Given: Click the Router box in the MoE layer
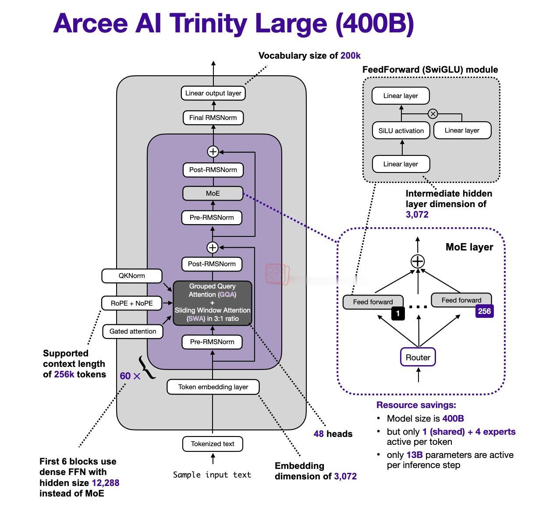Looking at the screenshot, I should coord(418,357).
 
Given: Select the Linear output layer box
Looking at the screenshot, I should coord(213,93).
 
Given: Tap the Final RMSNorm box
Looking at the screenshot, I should coord(213,118).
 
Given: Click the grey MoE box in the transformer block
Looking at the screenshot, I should coord(213,194).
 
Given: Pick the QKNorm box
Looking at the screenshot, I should coord(132,276).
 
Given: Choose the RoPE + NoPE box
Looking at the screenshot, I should coord(132,303).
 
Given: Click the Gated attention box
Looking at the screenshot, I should coord(133,331).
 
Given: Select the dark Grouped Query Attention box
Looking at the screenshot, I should coord(213,303).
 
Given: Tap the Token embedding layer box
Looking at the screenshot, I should coord(213,387).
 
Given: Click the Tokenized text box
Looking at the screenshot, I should coord(213,444).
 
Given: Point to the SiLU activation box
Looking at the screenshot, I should coord(401,130).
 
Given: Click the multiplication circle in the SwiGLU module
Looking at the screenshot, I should coord(433,114).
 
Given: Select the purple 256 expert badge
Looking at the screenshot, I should coord(484,311).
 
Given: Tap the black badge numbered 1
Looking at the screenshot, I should coord(398,313).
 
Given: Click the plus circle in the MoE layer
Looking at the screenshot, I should coord(418,261).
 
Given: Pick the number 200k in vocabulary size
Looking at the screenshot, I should coord(351,56).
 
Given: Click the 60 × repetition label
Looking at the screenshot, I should coord(130,376).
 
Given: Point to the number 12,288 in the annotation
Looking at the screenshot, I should coord(105,483).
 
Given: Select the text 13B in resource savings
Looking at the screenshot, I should coord(415,455).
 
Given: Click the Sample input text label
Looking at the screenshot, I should coord(212,475).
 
